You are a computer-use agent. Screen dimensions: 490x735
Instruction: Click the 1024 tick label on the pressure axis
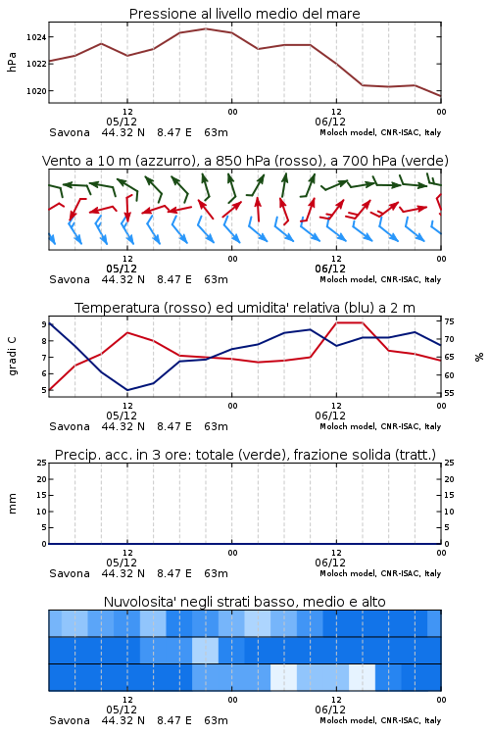[x=36, y=37]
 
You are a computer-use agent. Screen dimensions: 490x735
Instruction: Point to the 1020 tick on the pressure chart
[x=36, y=91]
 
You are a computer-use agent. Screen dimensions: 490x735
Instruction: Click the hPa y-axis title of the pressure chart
[x=12, y=62]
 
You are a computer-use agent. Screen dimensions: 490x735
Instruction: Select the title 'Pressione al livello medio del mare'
[x=245, y=14]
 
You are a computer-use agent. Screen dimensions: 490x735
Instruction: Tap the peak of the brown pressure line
[x=206, y=28]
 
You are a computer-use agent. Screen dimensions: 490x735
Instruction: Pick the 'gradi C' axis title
[x=12, y=356]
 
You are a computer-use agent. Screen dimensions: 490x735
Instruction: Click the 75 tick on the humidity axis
[x=449, y=321]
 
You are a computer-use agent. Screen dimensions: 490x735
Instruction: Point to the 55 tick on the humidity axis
[x=449, y=393]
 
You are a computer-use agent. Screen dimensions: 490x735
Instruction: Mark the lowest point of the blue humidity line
[x=127, y=390]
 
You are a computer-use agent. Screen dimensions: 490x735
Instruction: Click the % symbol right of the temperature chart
[x=479, y=357]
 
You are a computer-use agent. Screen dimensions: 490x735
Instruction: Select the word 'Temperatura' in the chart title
[x=118, y=308]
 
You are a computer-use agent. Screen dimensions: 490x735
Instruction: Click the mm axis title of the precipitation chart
[x=12, y=504]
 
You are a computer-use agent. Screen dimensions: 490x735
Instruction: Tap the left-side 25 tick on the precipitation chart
[x=42, y=463]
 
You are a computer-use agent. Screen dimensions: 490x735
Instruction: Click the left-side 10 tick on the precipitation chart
[x=42, y=512]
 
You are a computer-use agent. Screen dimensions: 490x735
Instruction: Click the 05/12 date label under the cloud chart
[x=122, y=710]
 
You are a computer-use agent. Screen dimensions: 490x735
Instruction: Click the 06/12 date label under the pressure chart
[x=330, y=122]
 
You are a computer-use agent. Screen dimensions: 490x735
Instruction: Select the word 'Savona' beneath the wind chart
[x=70, y=280]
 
